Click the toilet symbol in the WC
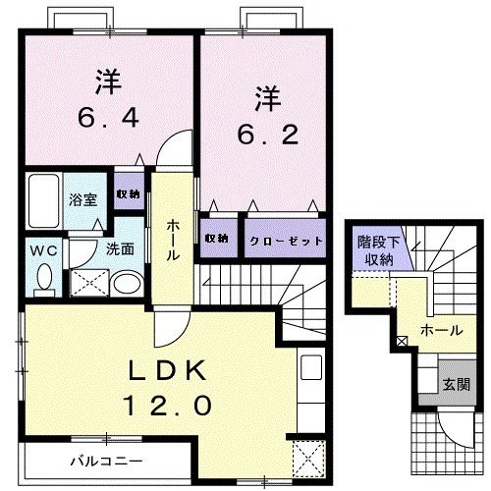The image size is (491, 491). point(43,279)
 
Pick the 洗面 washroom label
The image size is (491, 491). point(121,249)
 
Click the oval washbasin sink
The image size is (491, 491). point(125,285)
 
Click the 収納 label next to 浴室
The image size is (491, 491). point(127,193)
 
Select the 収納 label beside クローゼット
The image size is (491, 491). point(217,239)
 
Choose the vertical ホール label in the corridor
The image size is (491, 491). point(172,240)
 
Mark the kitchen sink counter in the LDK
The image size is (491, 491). point(311,387)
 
